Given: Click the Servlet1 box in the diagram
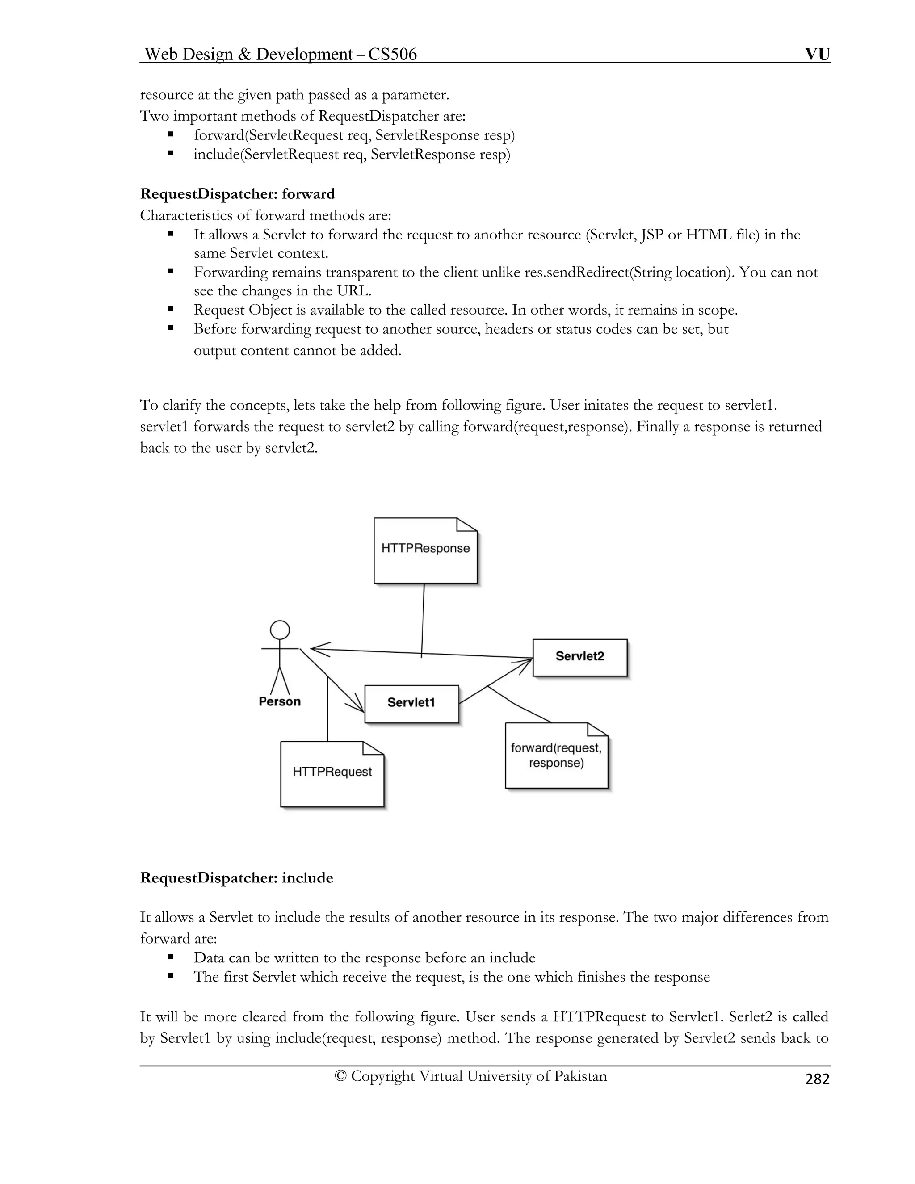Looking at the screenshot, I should pyautogui.click(x=411, y=704).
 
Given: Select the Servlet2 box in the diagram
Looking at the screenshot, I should pyautogui.click(x=579, y=657).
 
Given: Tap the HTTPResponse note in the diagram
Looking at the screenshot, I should pyautogui.click(x=425, y=550).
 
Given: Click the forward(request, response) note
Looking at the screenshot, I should pyautogui.click(x=556, y=755).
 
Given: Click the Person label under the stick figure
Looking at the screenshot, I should pyautogui.click(x=280, y=701).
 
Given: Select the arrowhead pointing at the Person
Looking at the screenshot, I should pyautogui.click(x=317, y=648).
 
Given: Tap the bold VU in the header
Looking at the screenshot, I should pyautogui.click(x=817, y=54).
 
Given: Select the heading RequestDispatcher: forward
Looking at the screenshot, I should pyautogui.click(x=237, y=194).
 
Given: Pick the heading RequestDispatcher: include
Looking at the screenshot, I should pyautogui.click(x=236, y=878).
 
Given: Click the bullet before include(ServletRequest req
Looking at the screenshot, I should pyautogui.click(x=171, y=154).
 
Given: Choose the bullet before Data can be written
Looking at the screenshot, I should pyautogui.click(x=171, y=957).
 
